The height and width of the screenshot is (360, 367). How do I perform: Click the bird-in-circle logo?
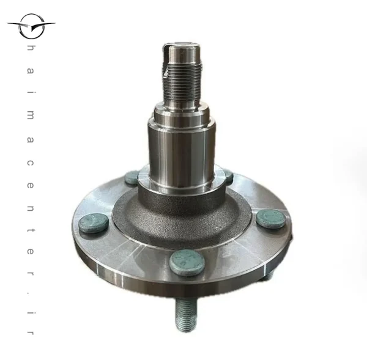point(31,26)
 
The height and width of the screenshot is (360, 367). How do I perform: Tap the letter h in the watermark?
point(31,48)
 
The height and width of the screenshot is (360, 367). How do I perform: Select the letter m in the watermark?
point(31,116)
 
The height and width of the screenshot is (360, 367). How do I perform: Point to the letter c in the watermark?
point(31,163)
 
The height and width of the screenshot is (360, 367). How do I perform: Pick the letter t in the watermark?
point(31,230)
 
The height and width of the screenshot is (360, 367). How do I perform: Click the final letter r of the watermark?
point(31,333)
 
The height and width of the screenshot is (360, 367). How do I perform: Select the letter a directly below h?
point(31,71)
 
